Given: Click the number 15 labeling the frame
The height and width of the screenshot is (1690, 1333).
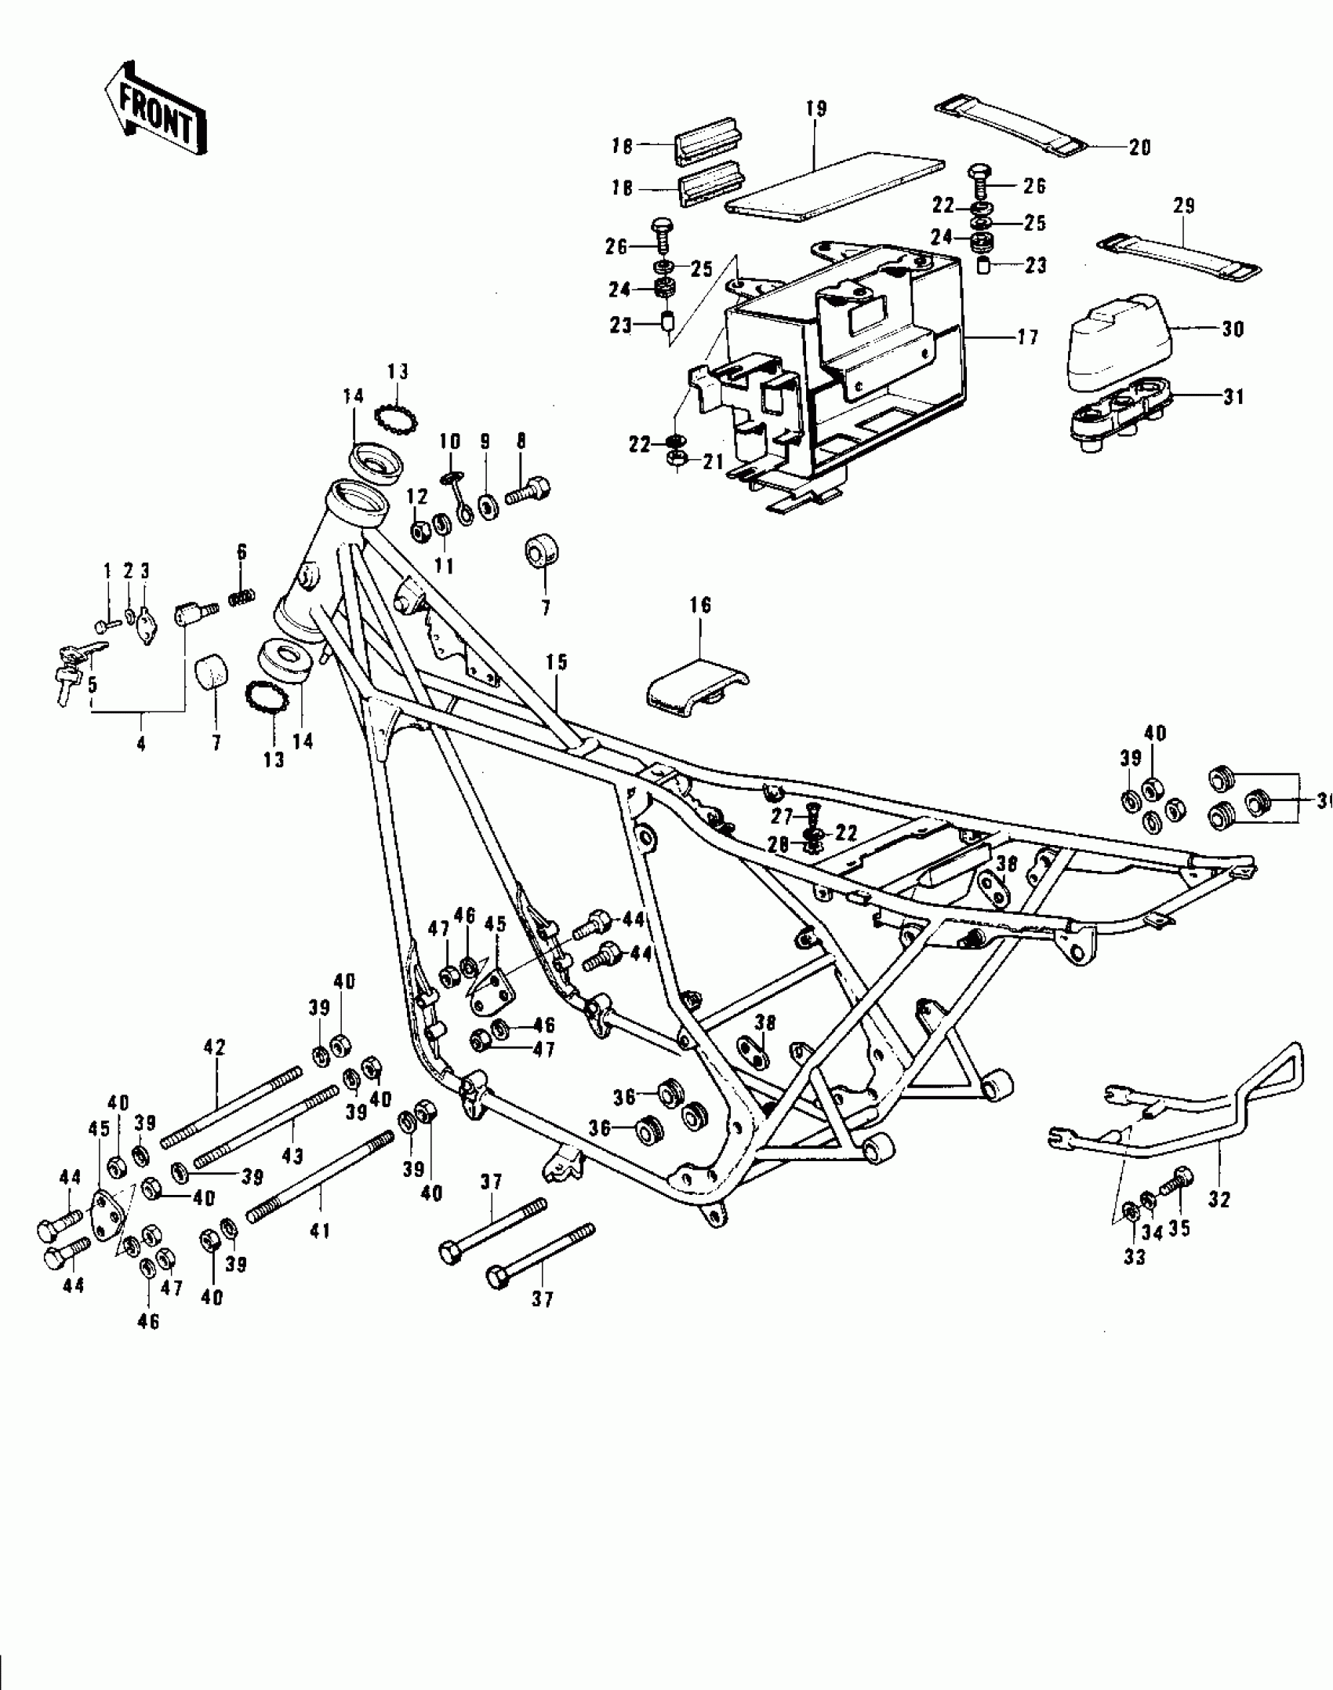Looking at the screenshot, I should click(x=557, y=662).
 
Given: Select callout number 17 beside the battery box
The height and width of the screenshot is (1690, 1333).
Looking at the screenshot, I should click(x=1027, y=337).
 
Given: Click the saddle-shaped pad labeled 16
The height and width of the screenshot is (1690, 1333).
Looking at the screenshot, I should click(x=694, y=689).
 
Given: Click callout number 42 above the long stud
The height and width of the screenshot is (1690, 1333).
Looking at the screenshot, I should click(x=214, y=1047).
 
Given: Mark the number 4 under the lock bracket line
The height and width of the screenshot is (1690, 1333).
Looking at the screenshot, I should click(x=141, y=744).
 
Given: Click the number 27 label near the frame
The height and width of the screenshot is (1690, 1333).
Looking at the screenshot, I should click(x=781, y=817).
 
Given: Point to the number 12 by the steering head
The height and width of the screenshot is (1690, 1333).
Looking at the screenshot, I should click(x=417, y=496).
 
